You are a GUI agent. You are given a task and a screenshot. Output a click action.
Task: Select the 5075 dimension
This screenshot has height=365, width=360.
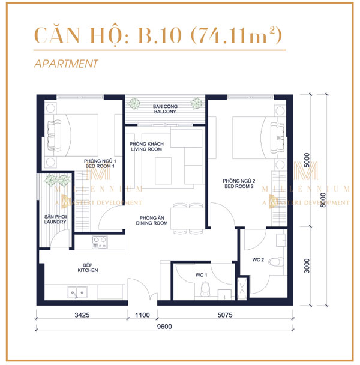click(x=223, y=314)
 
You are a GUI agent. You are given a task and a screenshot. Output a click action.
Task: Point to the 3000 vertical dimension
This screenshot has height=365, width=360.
click(x=306, y=266)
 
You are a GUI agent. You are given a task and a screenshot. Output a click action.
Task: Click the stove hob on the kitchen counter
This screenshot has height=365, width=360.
click(x=99, y=243)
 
